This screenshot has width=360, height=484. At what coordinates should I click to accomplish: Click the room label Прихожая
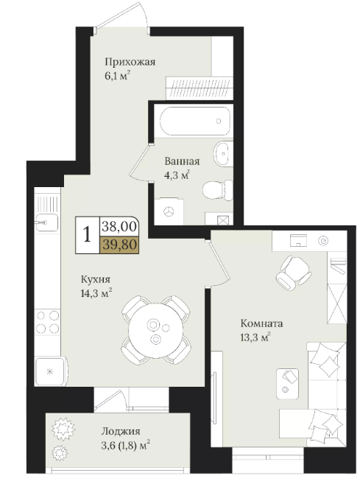click(x=130, y=62)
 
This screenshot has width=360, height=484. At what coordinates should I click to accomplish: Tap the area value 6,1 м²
click(x=117, y=75)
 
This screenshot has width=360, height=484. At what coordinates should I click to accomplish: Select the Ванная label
click(x=182, y=161)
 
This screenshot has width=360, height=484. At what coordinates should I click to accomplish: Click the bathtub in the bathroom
click(x=195, y=121)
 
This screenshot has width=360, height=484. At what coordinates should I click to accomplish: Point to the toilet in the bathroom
click(x=218, y=189)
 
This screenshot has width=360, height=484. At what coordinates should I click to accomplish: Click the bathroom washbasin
click(x=223, y=154)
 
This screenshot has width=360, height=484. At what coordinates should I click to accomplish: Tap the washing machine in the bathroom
click(x=169, y=211)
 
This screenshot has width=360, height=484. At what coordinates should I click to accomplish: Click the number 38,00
click(x=119, y=227)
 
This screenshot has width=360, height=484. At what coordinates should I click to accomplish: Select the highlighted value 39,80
click(x=119, y=245)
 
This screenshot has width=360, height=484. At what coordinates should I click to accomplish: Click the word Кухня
click(x=95, y=280)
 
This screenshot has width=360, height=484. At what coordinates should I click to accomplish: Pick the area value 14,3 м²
click(x=96, y=293)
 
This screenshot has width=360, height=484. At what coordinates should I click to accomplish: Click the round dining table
click(x=156, y=331)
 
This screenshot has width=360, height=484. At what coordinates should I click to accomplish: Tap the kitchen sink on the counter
click(x=46, y=222)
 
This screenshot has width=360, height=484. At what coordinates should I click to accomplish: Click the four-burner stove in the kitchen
click(x=47, y=322)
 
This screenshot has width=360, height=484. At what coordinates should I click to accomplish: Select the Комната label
click(x=261, y=324)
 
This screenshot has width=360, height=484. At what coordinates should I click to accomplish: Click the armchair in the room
click(x=293, y=273)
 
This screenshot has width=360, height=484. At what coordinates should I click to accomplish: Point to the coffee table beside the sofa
click(x=288, y=384)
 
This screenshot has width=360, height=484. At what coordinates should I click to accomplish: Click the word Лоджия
click(x=121, y=431)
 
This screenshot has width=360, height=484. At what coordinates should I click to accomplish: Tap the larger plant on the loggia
click(x=63, y=429)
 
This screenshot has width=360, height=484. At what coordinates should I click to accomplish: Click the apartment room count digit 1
click(x=88, y=234)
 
